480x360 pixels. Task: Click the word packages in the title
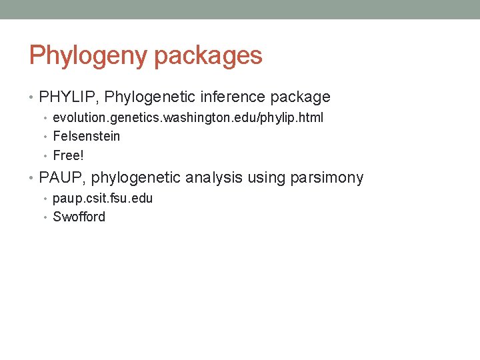(x=208, y=55)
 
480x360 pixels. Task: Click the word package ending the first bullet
(x=300, y=97)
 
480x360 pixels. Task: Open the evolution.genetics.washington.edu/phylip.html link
(x=188, y=118)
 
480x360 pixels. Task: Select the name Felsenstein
(x=87, y=137)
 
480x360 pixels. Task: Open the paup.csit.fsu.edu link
(x=103, y=199)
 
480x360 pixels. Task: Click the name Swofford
(x=79, y=217)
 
